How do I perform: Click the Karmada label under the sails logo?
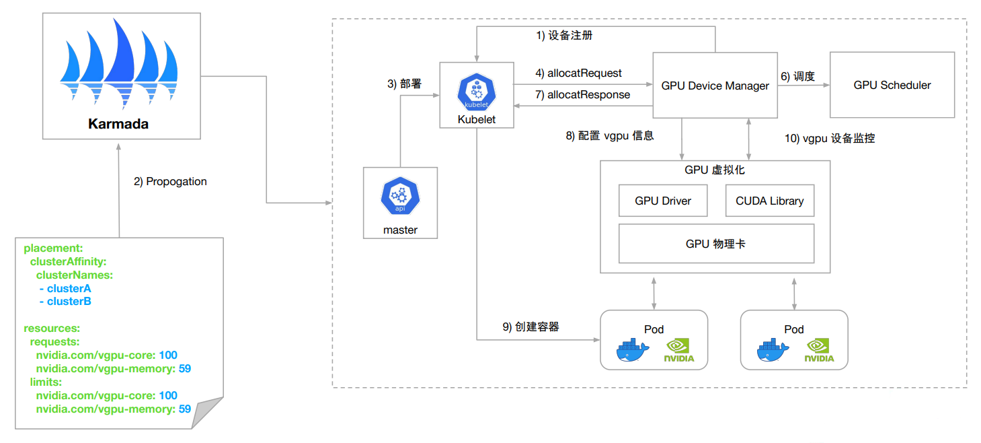118,124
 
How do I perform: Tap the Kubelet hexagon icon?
476,92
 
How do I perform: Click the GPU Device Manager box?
715,86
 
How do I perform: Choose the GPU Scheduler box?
892,85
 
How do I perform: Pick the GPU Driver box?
662,201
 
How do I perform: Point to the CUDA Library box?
769,201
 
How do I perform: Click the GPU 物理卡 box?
715,244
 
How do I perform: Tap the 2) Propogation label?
171,182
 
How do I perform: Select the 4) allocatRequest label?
578,73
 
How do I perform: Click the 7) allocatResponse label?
582,95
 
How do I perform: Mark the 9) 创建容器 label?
531,327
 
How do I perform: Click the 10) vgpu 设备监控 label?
830,139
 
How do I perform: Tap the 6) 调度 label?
797,77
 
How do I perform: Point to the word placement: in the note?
53,248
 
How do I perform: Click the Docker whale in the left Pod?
633,351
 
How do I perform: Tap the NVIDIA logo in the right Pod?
820,351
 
